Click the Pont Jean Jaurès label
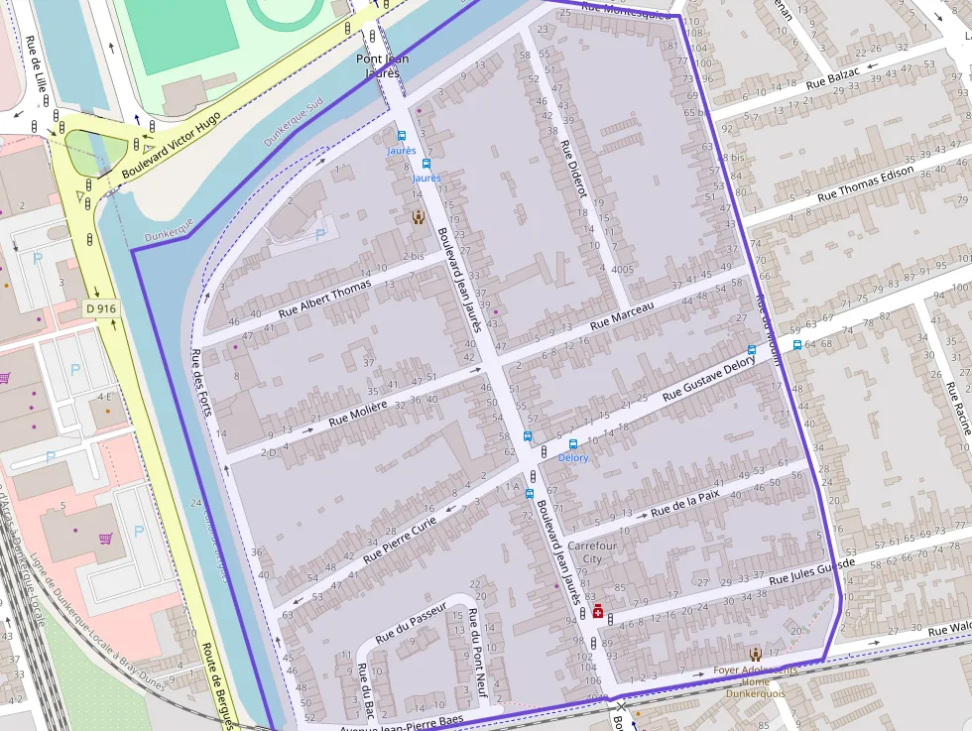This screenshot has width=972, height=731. point(383,65)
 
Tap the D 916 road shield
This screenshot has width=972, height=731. point(101,308)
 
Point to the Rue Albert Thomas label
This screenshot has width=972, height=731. point(324,298)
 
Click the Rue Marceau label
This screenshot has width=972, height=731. point(622,316)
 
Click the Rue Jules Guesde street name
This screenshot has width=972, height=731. point(811,571)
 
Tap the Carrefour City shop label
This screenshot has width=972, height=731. point(592,552)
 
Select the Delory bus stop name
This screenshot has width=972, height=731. point(572,457)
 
